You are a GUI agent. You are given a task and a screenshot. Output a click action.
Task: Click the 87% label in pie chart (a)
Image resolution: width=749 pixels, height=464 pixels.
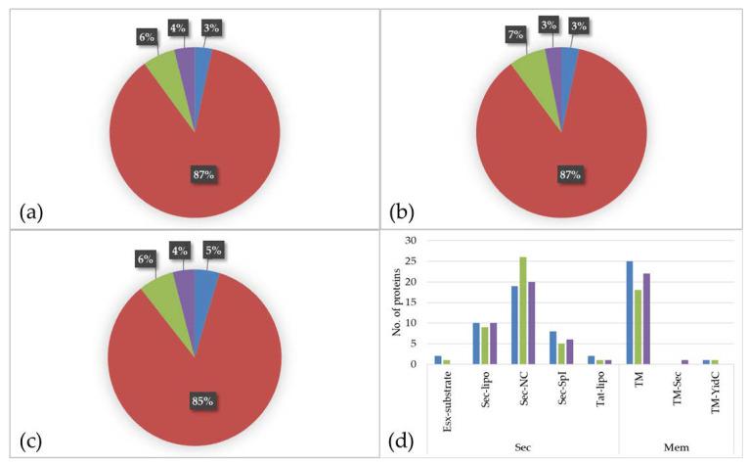point(202,174)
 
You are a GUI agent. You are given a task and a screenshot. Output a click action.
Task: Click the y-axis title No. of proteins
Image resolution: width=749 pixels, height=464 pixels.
point(392,303)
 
